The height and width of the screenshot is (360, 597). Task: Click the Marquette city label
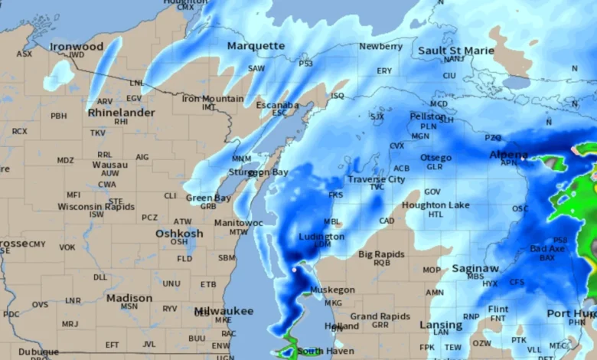pyautogui.click(x=256, y=46)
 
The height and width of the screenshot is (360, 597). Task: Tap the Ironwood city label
pyautogui.click(x=77, y=47)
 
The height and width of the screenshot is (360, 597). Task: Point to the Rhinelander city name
pyautogui.click(x=122, y=112)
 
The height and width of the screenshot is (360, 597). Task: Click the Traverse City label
pyautogui.click(x=377, y=179)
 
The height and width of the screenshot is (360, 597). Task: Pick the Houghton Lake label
pyautogui.click(x=436, y=205)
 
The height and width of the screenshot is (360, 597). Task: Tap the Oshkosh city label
pyautogui.click(x=179, y=233)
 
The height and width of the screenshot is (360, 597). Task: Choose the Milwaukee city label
pyautogui.click(x=223, y=311)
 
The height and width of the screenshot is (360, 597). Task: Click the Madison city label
pyautogui.click(x=129, y=297)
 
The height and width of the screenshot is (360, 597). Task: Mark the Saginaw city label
pyautogui.click(x=475, y=268)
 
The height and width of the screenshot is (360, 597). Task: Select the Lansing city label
pyautogui.click(x=441, y=325)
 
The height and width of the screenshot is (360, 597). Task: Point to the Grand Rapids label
pyautogui.click(x=380, y=316)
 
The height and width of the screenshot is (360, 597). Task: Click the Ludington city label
pyautogui.click(x=321, y=237)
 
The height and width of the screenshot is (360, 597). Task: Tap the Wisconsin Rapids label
pyautogui.click(x=96, y=207)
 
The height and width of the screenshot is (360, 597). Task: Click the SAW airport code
pyautogui.click(x=256, y=68)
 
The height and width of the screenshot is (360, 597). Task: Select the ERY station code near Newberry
pyautogui.click(x=384, y=70)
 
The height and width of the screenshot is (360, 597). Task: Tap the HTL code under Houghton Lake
pyautogui.click(x=436, y=214)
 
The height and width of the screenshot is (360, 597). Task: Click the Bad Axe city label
pyautogui.click(x=547, y=249)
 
